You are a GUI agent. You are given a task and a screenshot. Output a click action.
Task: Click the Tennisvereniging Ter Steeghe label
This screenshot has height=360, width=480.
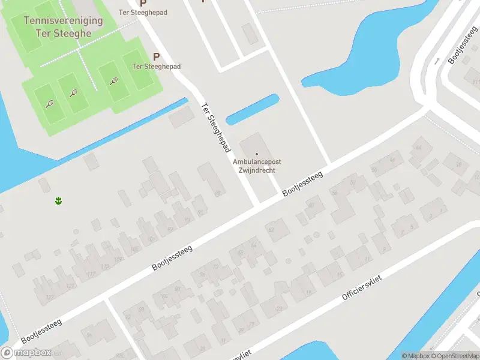tap(63, 26)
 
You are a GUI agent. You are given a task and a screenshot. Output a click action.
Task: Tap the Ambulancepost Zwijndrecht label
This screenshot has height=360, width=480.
tap(257, 166)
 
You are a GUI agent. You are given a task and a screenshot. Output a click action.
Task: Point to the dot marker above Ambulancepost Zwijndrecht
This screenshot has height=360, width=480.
tap(257, 154)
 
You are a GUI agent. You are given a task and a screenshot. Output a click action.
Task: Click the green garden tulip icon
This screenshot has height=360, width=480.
tap(59, 200)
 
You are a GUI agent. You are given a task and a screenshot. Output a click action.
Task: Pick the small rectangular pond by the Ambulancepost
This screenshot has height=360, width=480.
tap(252, 109)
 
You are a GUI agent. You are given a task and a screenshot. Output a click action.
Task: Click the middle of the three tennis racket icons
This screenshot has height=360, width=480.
tap(74, 93)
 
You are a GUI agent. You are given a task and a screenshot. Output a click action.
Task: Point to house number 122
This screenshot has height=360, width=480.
tap(50, 297)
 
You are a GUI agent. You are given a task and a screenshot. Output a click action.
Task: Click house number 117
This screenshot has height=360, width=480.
tap(91, 274)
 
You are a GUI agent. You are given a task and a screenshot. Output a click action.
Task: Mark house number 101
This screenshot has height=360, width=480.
tap(151, 240)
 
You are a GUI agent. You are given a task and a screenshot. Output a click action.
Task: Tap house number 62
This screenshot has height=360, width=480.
tap(271, 229)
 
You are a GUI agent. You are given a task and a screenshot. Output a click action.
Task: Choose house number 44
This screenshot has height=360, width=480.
tap(418, 147)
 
